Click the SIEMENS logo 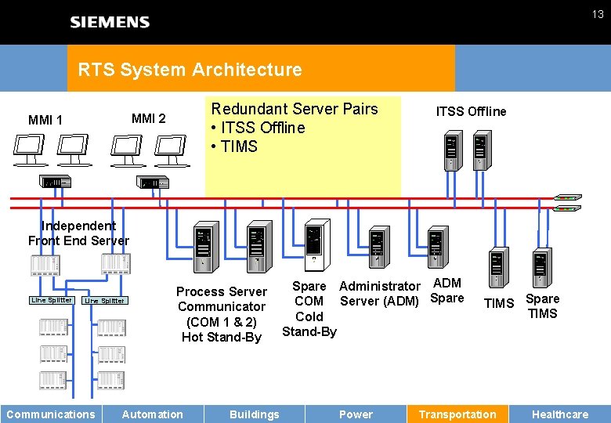pos(110,22)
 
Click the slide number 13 pos(597,14)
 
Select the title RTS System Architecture pos(190,70)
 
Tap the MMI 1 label pos(45,120)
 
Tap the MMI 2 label pos(148,119)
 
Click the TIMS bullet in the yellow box pos(234,146)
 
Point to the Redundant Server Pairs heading pos(295,109)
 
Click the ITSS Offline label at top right pos(471,111)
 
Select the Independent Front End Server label pos(78,233)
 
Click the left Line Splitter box pos(52,300)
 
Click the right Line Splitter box pos(104,301)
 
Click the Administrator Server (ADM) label pos(380,294)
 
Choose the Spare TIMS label pos(542,305)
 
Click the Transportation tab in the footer pos(457,414)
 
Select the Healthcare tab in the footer pos(560,414)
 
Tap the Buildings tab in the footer pos(254,414)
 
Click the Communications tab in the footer pos(51,414)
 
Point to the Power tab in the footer pos(356,414)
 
